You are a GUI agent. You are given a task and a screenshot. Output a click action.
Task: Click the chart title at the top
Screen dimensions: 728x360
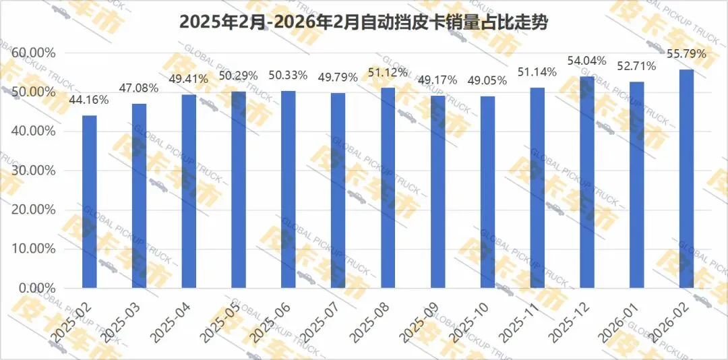[363, 22]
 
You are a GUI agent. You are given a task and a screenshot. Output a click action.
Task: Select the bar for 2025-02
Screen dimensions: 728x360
[90, 202]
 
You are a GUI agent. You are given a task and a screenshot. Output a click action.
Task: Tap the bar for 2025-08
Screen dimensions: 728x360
[388, 187]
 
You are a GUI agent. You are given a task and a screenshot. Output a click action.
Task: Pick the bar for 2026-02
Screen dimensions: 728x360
[687, 179]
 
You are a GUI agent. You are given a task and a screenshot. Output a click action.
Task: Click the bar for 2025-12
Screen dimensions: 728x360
[587, 182]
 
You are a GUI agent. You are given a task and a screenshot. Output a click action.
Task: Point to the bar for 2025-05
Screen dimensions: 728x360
[239, 189]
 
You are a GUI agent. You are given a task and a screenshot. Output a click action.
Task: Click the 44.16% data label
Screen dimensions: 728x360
[89, 99]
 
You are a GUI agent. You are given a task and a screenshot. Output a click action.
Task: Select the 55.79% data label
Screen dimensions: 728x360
[686, 54]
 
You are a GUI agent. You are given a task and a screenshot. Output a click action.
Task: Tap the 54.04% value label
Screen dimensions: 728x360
[587, 61]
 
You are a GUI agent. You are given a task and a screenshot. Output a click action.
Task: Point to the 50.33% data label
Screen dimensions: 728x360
[289, 76]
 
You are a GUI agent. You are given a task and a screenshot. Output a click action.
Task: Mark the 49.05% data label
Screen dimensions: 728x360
[487, 81]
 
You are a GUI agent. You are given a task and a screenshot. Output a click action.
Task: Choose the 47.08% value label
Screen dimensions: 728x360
[139, 88]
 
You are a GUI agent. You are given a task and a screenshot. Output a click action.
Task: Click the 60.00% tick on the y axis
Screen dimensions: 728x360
[33, 53]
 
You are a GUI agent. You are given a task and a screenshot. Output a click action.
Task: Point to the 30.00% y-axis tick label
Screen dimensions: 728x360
[33, 171]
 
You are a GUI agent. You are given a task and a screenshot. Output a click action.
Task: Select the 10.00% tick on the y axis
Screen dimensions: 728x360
[33, 249]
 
